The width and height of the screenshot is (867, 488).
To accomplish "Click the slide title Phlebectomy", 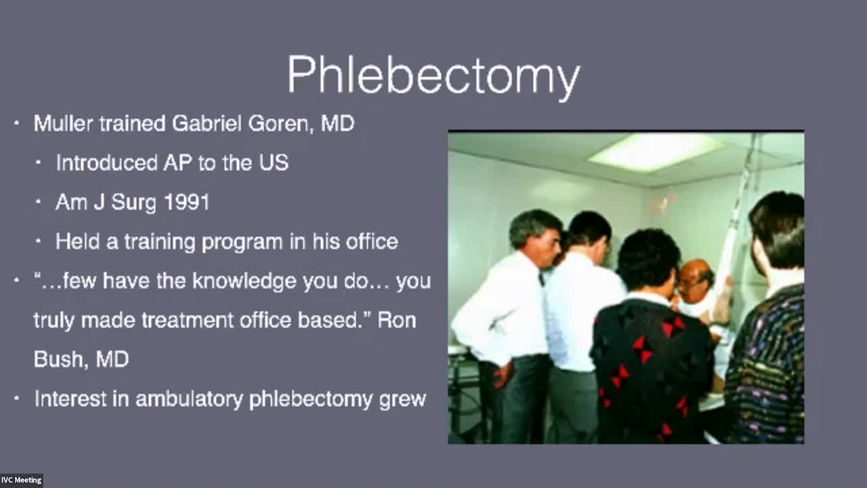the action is [x=433, y=76].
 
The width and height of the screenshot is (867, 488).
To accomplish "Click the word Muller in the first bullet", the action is [x=64, y=123].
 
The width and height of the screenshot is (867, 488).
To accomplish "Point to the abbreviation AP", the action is [x=177, y=163].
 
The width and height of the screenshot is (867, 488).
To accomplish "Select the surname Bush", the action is [x=59, y=359].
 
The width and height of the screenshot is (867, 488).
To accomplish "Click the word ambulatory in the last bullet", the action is [x=189, y=399].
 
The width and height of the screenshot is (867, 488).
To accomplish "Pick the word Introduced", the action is [x=107, y=163].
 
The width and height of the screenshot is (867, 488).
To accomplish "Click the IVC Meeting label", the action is [x=21, y=481].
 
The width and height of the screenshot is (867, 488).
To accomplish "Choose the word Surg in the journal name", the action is [x=133, y=203].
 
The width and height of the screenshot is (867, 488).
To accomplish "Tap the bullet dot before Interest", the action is [x=16, y=398].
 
